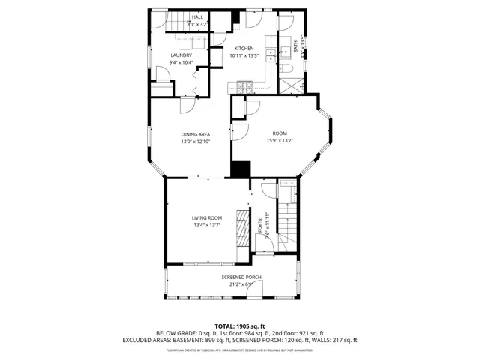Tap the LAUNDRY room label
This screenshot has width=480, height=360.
pyautogui.click(x=181, y=55)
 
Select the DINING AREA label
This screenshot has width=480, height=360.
pyautogui.click(x=194, y=134)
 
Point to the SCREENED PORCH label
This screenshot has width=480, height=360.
pyautogui.click(x=241, y=277)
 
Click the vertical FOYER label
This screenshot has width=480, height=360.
pyautogui.click(x=261, y=227)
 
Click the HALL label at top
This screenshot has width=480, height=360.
pyautogui.click(x=197, y=16)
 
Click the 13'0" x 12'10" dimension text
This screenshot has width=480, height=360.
pyautogui.click(x=194, y=142)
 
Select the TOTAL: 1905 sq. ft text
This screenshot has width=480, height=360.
pyautogui.click(x=240, y=325)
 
